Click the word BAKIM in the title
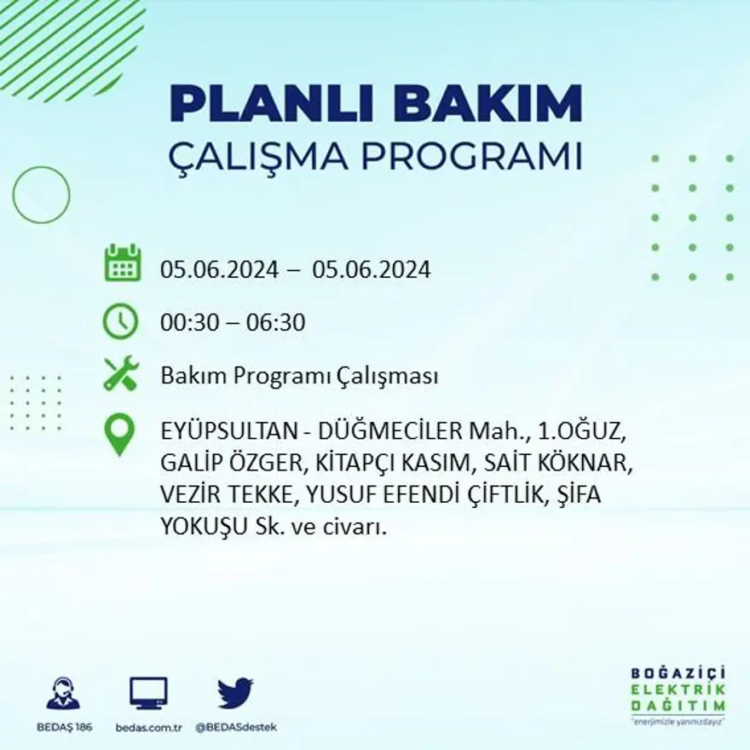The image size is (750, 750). tap(487, 105)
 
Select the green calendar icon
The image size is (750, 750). tap(122, 263)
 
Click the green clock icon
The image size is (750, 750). tap(120, 321)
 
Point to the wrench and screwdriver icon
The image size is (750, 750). tap(120, 373)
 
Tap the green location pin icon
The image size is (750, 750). tap(119, 434)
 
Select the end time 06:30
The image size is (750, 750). tap(275, 323)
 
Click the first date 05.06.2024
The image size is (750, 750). tap(219, 270)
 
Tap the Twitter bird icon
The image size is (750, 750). tap(235, 693)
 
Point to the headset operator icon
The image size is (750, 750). tap(63, 694)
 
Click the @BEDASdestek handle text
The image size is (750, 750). tap(236, 727)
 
